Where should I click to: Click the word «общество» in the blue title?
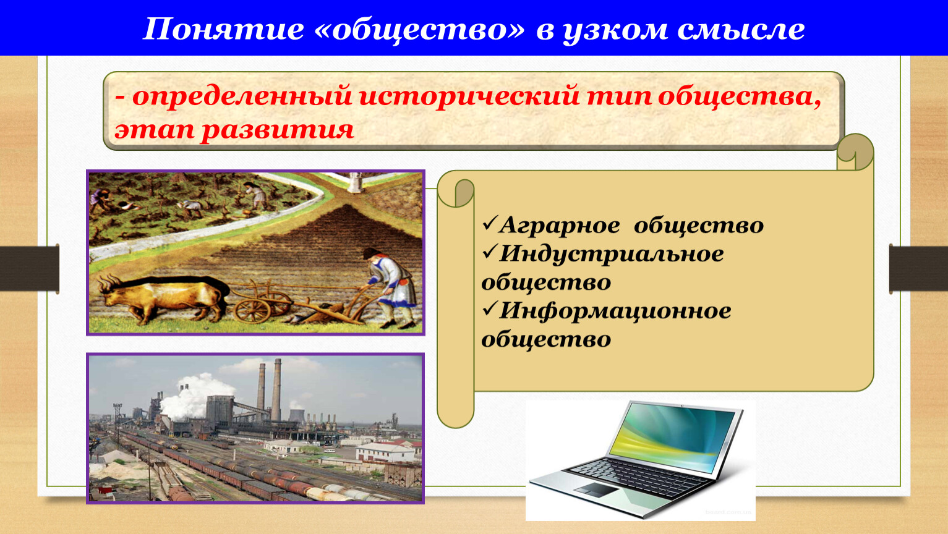[420, 30]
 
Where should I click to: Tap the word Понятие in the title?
[223, 30]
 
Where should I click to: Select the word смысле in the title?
[741, 30]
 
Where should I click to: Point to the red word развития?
[277, 130]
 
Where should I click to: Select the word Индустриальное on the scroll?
[612, 255]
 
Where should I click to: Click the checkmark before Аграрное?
[489, 223]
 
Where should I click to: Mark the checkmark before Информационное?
[489, 309]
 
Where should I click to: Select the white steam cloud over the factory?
[195, 396]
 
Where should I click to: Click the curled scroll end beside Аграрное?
[455, 192]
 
